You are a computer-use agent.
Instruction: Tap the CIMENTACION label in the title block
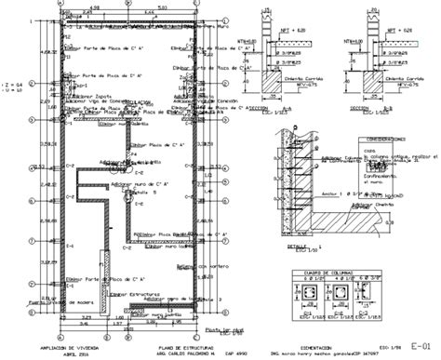click(x=314, y=344)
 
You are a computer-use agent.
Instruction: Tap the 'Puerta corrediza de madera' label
click(x=37, y=301)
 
